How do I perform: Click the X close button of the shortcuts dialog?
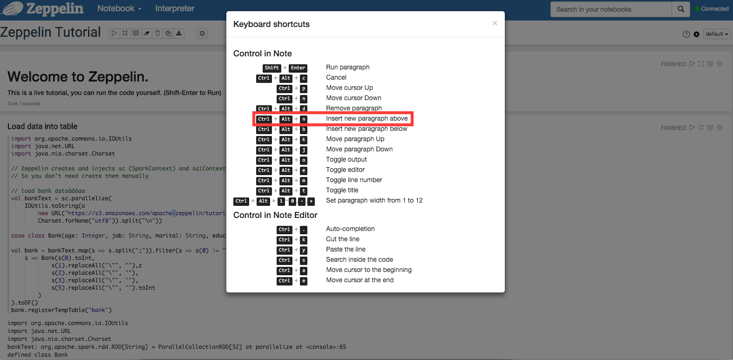[495, 23]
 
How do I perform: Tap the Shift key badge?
[271, 68]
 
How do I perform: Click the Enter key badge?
[298, 68]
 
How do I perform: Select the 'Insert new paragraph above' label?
[367, 118]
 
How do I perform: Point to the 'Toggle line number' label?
[354, 180]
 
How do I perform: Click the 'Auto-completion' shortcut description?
[350, 229]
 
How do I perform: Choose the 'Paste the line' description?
[346, 249]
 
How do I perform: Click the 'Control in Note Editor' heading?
[275, 215]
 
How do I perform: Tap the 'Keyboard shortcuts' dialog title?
[271, 24]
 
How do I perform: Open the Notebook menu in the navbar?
[119, 8]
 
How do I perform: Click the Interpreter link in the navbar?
[175, 8]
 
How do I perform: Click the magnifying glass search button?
[681, 9]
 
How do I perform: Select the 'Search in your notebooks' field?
[611, 9]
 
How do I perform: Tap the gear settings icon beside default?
[696, 34]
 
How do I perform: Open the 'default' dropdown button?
[717, 34]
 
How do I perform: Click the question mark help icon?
[686, 34]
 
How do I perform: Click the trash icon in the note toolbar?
[157, 33]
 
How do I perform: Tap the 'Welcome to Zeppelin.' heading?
[78, 76]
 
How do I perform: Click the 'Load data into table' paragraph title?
[42, 126]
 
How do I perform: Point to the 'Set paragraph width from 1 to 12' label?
[374, 200]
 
